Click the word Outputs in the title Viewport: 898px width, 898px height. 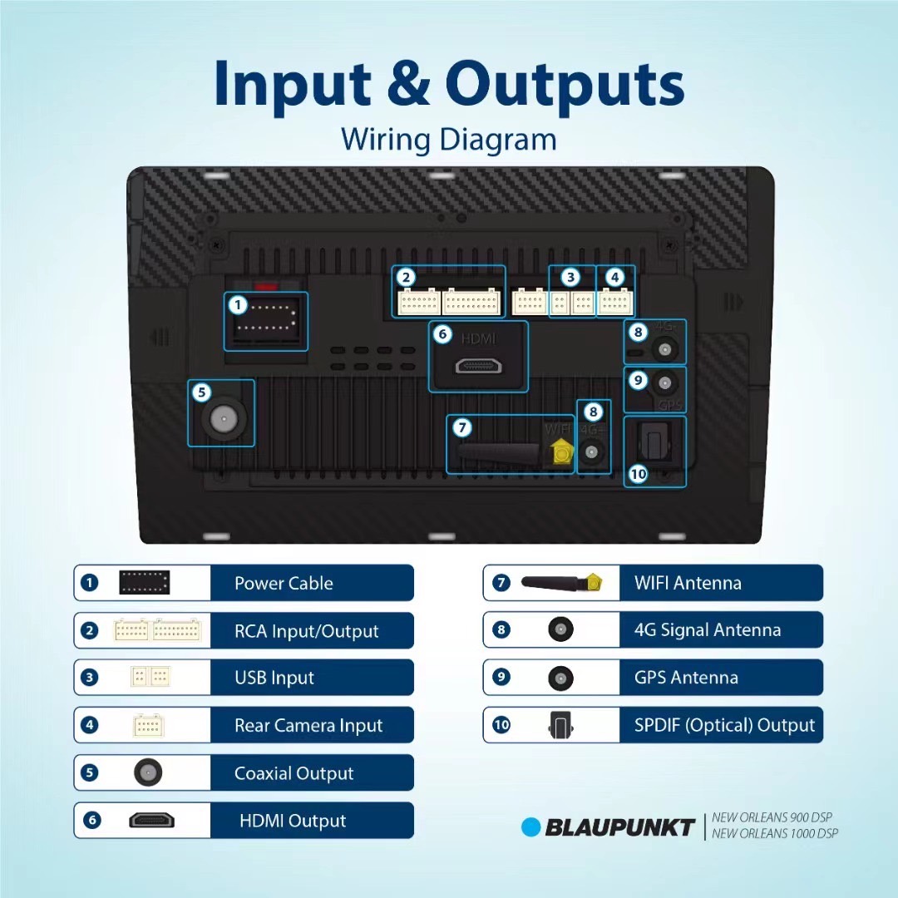[x=565, y=86]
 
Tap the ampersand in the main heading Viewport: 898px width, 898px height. [x=408, y=86]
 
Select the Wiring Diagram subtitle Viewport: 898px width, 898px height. [x=448, y=139]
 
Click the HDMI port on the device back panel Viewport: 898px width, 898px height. [x=478, y=365]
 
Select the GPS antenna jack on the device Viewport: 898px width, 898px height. [x=664, y=383]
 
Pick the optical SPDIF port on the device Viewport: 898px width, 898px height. [x=656, y=442]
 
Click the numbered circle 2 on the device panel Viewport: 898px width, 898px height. [x=406, y=278]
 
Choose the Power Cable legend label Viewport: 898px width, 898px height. [x=284, y=584]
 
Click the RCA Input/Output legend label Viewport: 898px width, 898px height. [x=306, y=632]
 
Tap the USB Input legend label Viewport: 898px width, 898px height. [x=274, y=678]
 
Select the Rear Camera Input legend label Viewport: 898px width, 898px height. [x=308, y=726]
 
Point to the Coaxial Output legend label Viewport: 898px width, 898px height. [x=294, y=773]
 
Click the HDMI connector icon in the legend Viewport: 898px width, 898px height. [x=151, y=821]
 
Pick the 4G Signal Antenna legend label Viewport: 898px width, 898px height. [x=708, y=630]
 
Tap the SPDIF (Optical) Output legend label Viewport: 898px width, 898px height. [x=724, y=725]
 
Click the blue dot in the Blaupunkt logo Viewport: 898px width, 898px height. [x=530, y=827]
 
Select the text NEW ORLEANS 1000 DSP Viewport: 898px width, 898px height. [x=775, y=834]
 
